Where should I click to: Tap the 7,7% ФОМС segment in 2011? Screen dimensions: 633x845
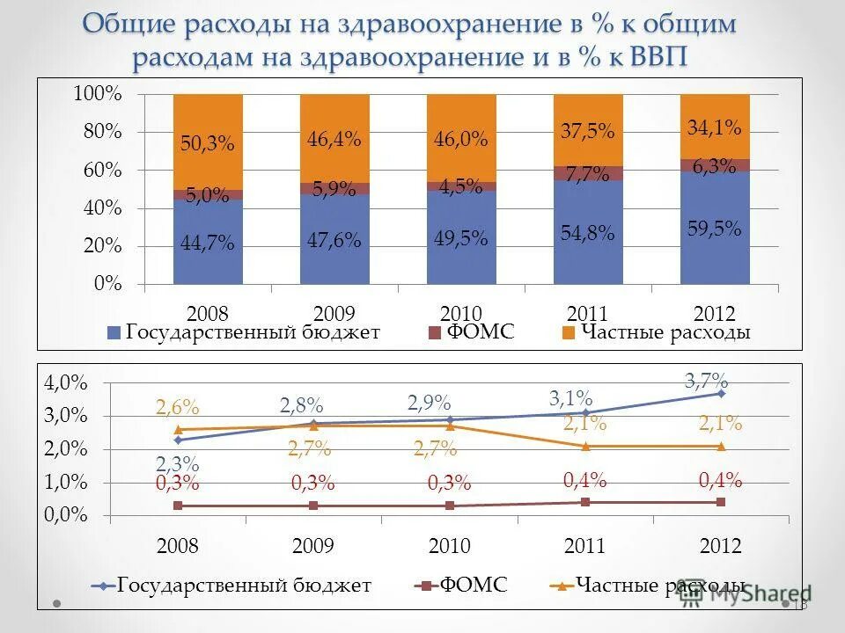[x=588, y=173]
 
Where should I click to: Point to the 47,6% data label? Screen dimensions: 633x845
[x=334, y=241]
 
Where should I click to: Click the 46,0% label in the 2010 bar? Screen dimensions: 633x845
[x=461, y=140]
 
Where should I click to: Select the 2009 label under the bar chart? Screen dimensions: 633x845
[x=334, y=314]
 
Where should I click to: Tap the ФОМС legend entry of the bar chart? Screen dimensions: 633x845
[x=481, y=332]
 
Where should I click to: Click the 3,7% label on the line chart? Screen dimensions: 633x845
[x=706, y=381]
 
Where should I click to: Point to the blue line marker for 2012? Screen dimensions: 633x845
[x=721, y=393]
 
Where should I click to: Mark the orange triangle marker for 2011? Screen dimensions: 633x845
[x=585, y=447]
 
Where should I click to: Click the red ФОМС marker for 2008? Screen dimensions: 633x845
[x=178, y=506]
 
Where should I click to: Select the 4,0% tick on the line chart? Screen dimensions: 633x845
[x=67, y=382]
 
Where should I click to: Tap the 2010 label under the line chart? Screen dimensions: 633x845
[x=450, y=546]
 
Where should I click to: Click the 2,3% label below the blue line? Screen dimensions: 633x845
[x=178, y=464]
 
